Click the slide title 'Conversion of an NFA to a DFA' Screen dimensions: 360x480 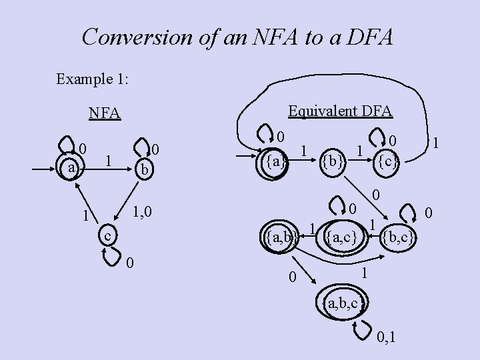pos(237,37)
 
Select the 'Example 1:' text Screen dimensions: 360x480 pos(93,79)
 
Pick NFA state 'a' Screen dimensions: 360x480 pos(71,168)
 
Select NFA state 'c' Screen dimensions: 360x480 pos(107,236)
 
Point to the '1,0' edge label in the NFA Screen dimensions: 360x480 pos(142,213)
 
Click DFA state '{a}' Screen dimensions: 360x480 pos(274,161)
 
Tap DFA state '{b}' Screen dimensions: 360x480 pos(331,161)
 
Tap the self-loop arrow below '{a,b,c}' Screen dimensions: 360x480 pos(363,328)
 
